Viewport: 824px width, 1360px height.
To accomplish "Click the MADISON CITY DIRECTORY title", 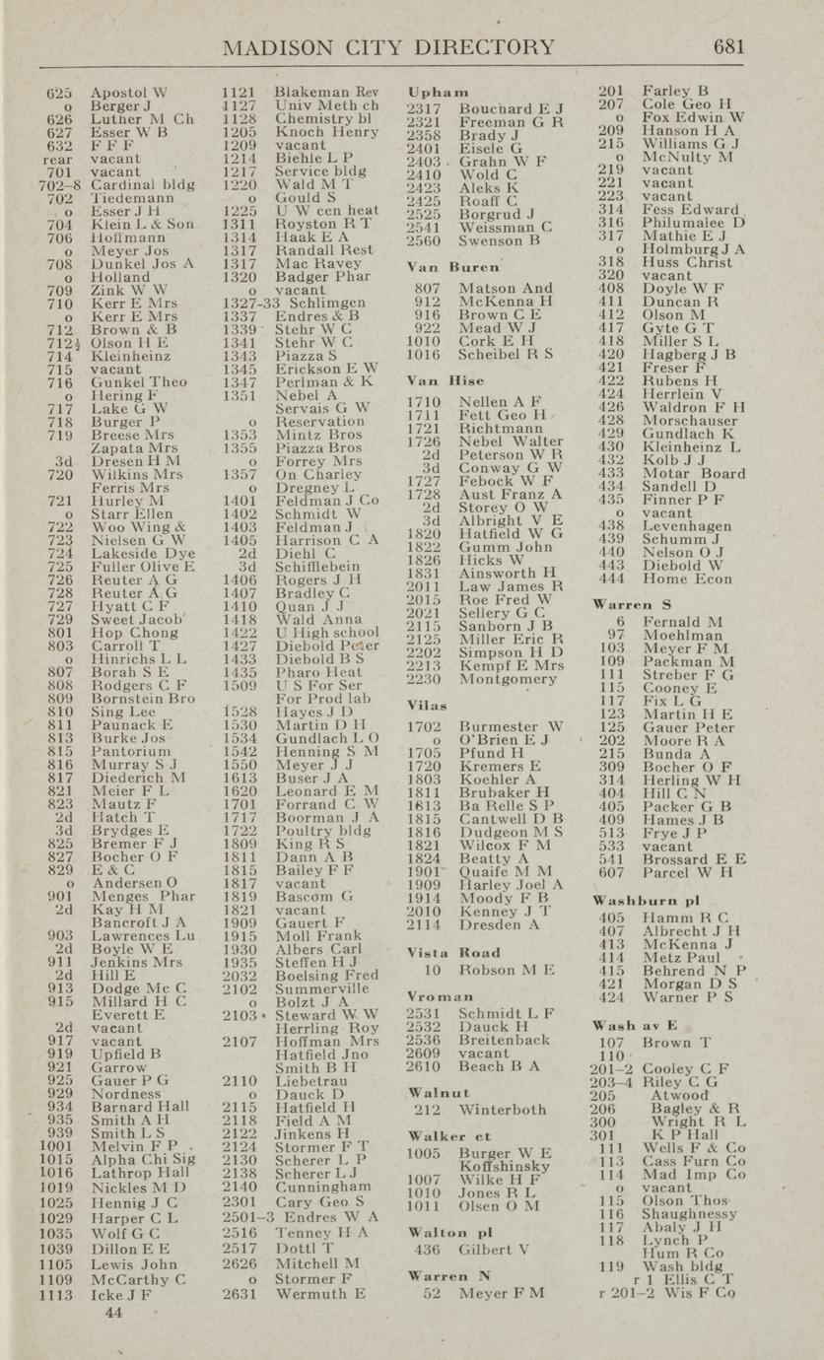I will (389, 47).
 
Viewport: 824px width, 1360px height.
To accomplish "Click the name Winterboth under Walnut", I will (503, 1110).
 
